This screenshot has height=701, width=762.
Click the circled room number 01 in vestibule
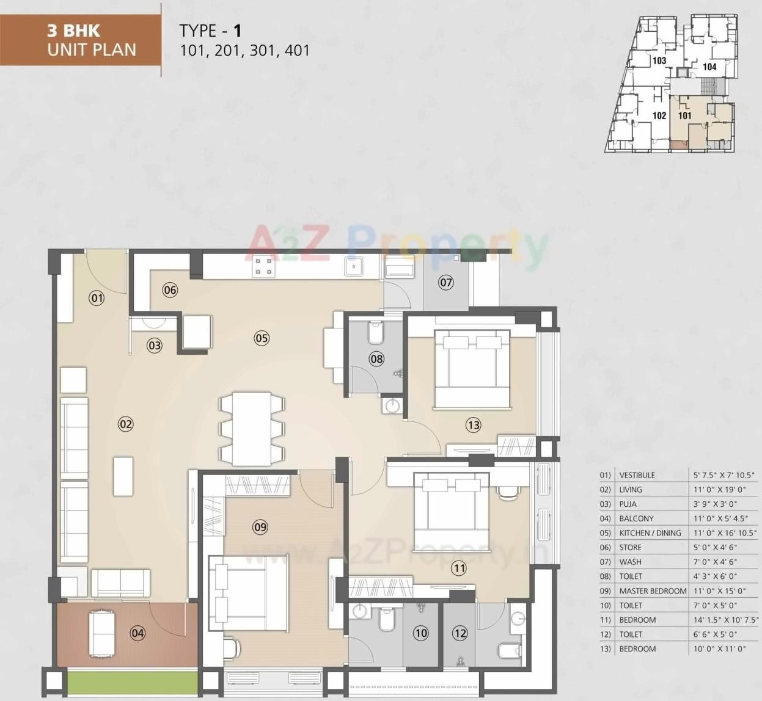coord(97,298)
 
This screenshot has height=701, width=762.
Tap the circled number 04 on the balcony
coord(138,633)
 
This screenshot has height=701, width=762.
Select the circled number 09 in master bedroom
coord(260,527)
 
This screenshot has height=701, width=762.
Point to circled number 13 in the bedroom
coord(473,425)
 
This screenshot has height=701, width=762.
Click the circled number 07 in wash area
coord(446,282)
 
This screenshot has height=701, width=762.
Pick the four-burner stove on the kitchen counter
coord(264,267)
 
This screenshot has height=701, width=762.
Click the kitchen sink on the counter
coord(353,267)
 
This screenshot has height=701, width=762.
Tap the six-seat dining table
coord(252,429)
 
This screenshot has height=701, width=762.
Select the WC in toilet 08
coord(375,334)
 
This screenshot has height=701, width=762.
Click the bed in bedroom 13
coord(472,369)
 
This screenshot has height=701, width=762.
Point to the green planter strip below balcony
coord(132,682)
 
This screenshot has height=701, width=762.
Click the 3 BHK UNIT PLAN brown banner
coord(81,40)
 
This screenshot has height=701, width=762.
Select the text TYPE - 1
coord(211,31)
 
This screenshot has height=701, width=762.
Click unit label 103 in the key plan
coord(659,60)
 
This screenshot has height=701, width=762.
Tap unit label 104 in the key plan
coord(709,67)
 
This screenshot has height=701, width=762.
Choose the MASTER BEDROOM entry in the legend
coord(653,591)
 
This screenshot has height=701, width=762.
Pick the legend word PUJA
coord(628,504)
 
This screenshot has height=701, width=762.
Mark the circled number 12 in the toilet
coord(460,634)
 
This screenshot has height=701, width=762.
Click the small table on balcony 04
coord(102,633)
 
